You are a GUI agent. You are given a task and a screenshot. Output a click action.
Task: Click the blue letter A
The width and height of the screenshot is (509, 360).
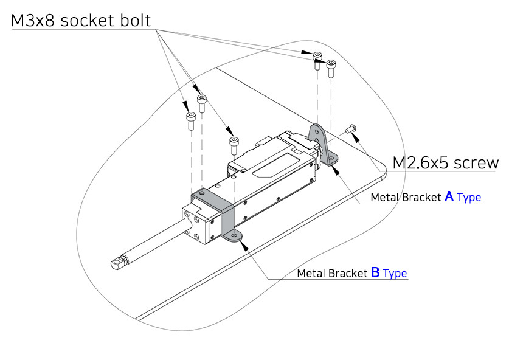449,196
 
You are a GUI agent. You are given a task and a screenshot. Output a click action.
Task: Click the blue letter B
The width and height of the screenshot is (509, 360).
375,272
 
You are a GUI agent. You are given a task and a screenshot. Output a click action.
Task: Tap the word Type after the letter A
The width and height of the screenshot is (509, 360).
469,197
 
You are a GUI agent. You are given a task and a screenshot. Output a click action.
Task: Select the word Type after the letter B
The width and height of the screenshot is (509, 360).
395,273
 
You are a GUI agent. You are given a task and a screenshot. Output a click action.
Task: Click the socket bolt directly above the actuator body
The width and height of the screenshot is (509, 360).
234,145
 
